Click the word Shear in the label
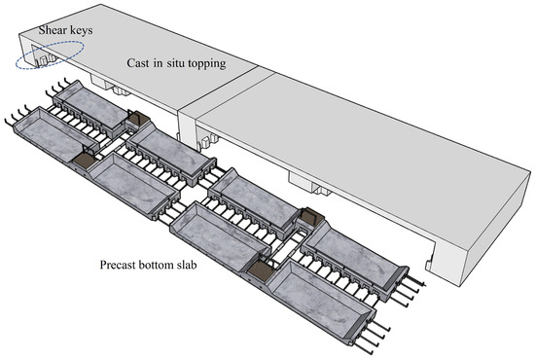pos(52,30)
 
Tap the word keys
pos(80,31)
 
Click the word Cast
pos(138,63)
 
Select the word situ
pos(177,63)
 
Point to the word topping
pos(207,64)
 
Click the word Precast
pos(116,265)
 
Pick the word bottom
pos(152,265)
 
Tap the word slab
pos(184,265)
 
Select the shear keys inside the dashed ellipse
pos(45,60)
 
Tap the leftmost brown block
pos(83,160)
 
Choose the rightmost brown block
pos(312,215)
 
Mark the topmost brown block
pos(139,118)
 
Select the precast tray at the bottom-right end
pos(322,303)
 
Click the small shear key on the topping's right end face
pos(429,264)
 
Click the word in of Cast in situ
pos(158,63)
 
